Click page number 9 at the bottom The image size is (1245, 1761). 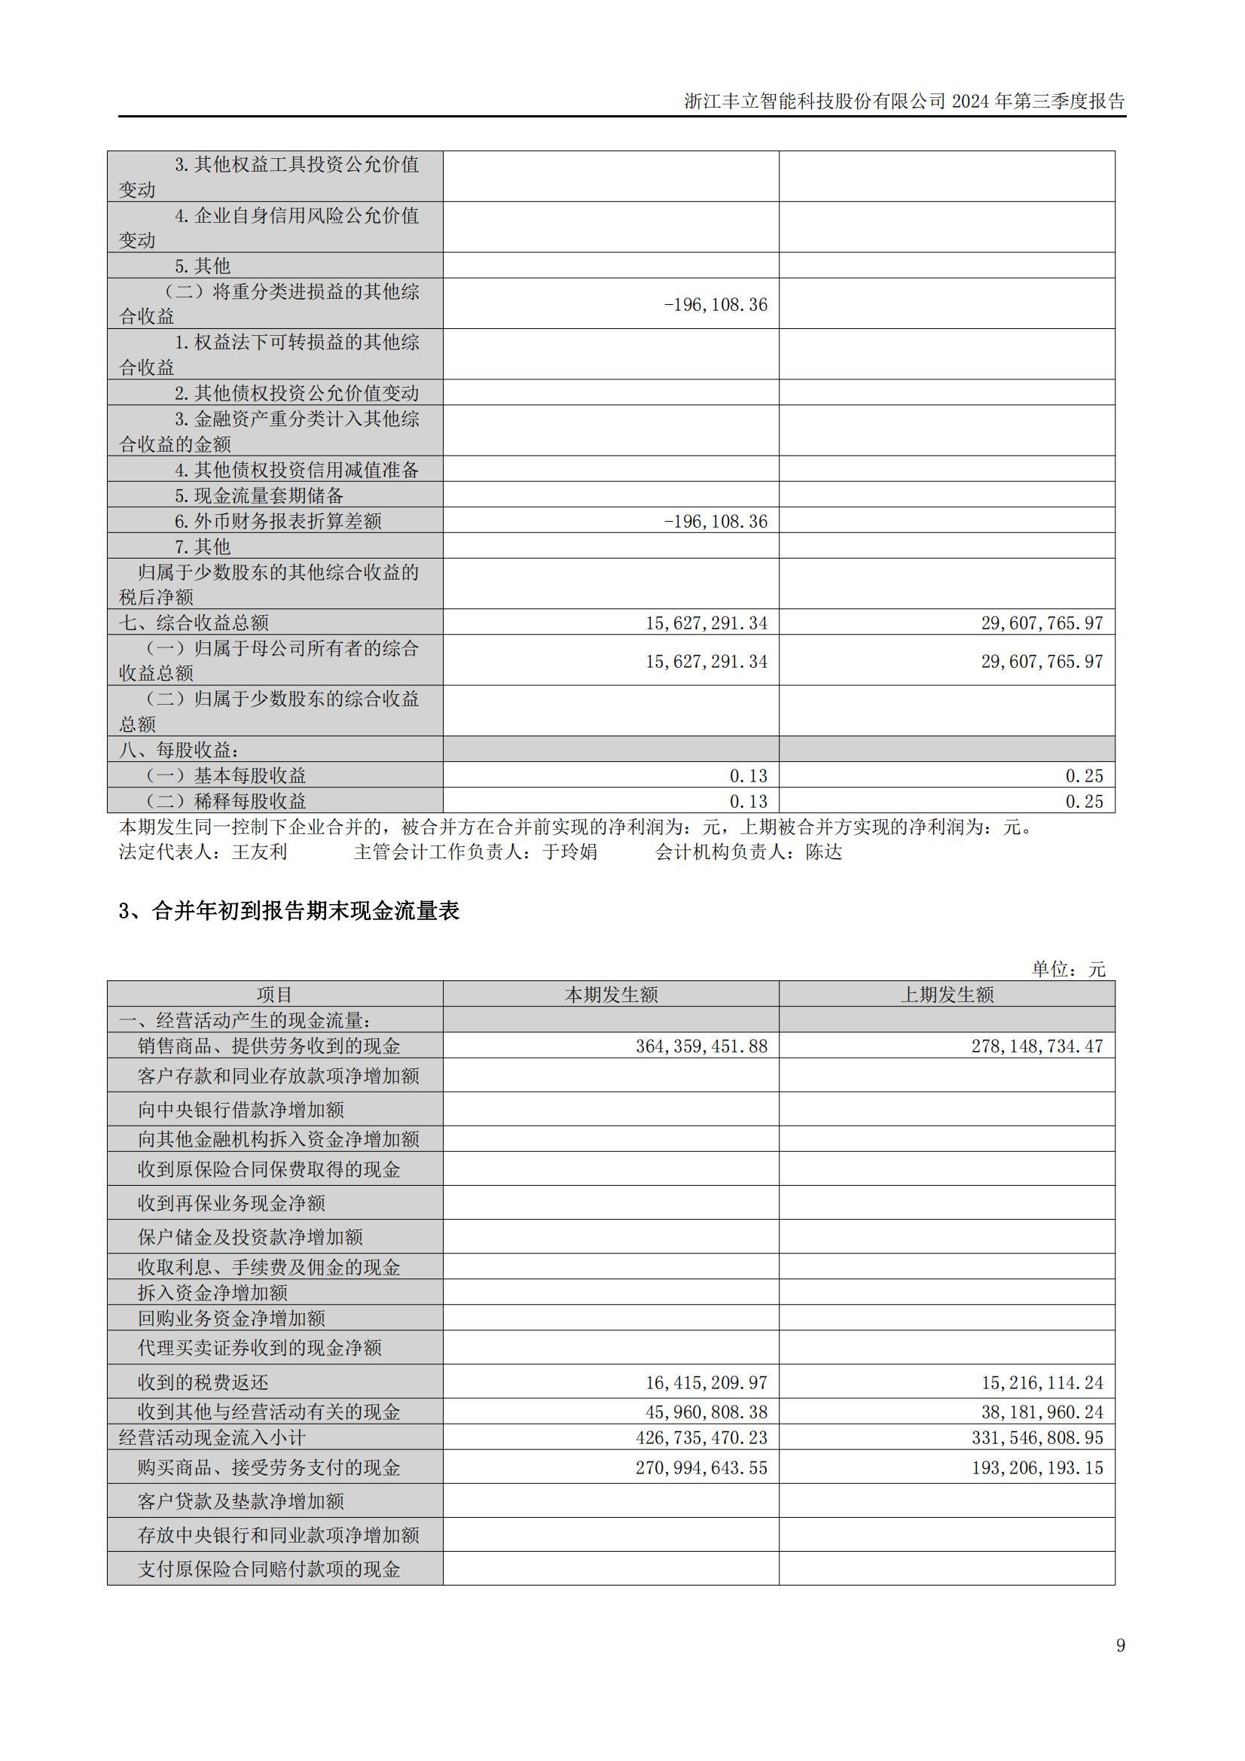[x=1121, y=1645]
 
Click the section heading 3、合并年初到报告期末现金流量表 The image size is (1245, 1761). [x=288, y=910]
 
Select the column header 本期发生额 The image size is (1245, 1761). [x=611, y=995]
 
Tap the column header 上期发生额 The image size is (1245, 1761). [x=947, y=995]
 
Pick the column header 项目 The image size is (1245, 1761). [x=275, y=995]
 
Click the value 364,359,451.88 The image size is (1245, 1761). [x=701, y=1047]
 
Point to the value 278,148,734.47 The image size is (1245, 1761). [x=1037, y=1047]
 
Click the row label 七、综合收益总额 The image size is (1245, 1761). [x=194, y=623]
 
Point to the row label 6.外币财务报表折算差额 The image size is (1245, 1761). [x=278, y=522]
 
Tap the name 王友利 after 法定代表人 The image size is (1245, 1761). [x=259, y=852]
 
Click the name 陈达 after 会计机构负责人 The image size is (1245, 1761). [x=824, y=852]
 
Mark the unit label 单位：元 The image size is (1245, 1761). [x=1069, y=969]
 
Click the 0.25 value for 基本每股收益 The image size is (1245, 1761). [x=1084, y=776]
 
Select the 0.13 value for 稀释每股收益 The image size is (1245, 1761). [x=748, y=802]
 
